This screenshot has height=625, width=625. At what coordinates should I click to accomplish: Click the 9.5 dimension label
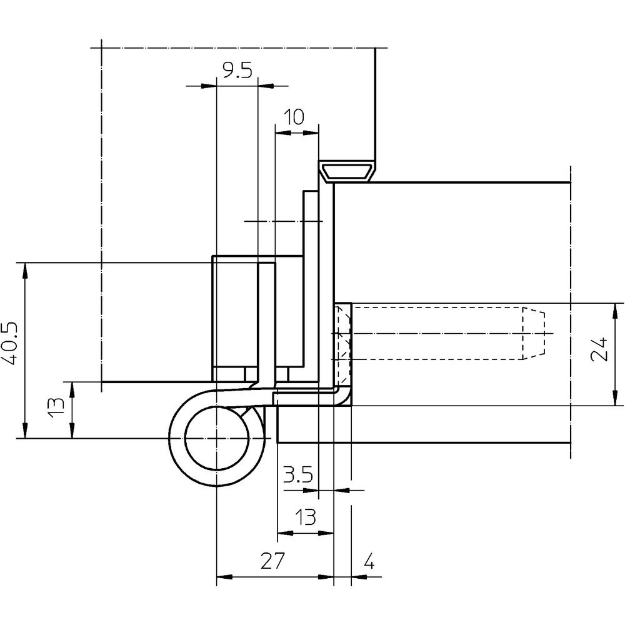(x=237, y=71)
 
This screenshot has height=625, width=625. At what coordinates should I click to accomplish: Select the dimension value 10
(x=294, y=117)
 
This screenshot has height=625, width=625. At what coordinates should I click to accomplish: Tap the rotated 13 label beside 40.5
(x=56, y=407)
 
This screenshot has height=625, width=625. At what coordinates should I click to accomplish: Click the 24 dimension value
(x=600, y=349)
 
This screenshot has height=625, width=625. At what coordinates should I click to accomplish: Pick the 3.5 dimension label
(x=297, y=475)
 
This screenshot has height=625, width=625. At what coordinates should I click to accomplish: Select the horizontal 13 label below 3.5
(x=306, y=517)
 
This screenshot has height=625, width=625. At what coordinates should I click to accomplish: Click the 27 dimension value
(x=273, y=561)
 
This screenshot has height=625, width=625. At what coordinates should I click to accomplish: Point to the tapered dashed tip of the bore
(x=534, y=333)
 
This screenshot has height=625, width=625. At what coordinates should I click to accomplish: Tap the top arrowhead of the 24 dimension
(x=616, y=311)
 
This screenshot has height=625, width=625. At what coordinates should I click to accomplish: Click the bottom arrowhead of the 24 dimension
(x=616, y=397)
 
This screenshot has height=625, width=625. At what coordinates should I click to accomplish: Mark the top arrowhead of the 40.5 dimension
(x=25, y=271)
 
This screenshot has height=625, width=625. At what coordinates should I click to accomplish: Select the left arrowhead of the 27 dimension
(x=224, y=577)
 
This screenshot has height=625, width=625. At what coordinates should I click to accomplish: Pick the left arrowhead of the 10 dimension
(x=283, y=132)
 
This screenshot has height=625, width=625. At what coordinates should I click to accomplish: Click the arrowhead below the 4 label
(x=359, y=576)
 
